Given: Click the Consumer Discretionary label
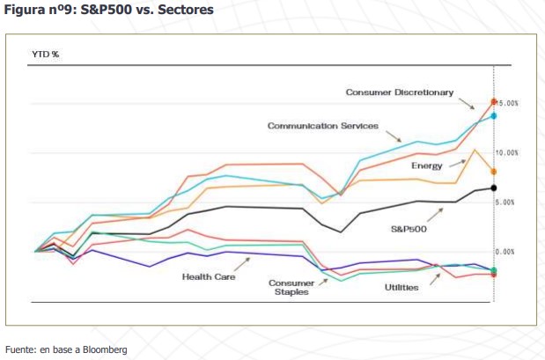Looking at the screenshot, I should [399, 92].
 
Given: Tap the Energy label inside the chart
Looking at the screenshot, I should [425, 165].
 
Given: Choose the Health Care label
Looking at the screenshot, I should [209, 276].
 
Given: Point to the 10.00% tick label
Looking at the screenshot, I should [509, 153].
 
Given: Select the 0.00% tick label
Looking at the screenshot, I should [509, 252].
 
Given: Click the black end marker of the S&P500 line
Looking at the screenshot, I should [494, 187].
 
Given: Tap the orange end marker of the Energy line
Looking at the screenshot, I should [494, 172].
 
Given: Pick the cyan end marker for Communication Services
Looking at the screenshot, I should [494, 115].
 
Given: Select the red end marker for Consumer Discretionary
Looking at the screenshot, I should [494, 102].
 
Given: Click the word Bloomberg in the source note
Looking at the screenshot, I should [107, 349].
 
